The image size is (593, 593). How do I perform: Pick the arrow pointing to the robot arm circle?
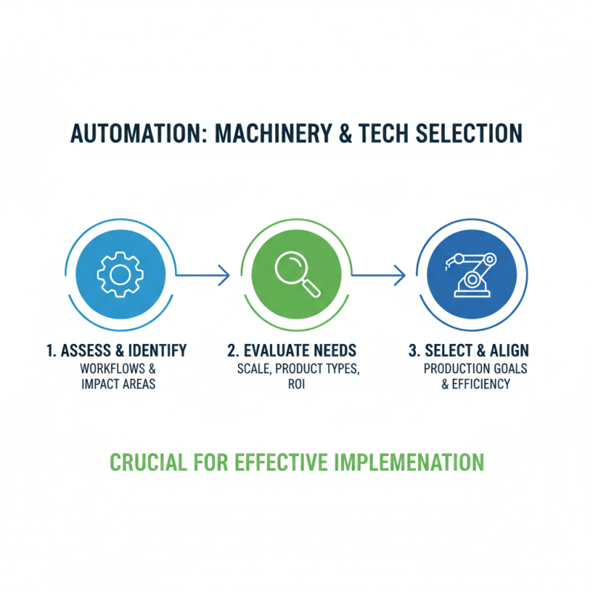pyautogui.click(x=378, y=276)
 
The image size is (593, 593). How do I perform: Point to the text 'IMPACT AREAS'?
pyautogui.click(x=116, y=385)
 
